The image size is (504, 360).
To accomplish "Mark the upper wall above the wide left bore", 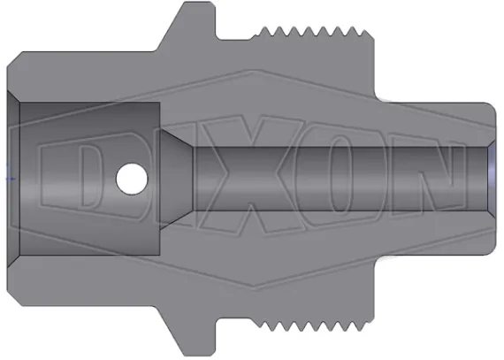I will click(88, 80).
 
